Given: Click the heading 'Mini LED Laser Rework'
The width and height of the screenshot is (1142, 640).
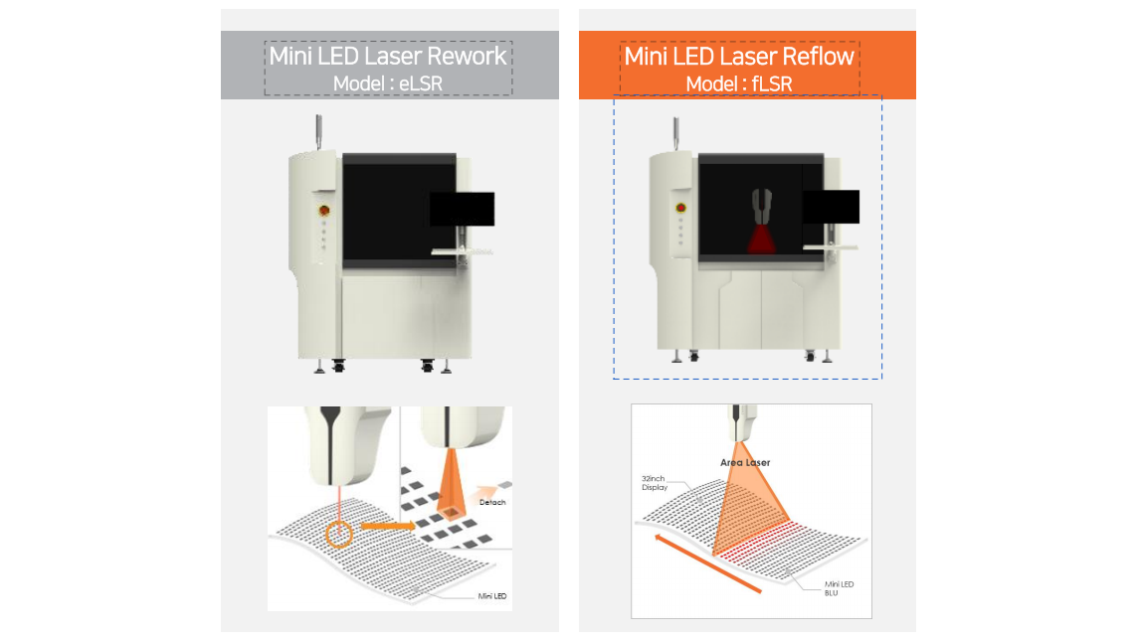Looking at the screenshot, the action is click(x=388, y=56).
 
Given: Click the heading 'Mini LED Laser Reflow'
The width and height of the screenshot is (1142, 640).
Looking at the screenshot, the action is click(x=738, y=56).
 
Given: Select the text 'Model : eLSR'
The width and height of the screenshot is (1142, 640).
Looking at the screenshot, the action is click(x=388, y=83).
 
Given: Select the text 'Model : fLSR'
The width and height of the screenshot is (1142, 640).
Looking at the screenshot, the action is click(x=738, y=83).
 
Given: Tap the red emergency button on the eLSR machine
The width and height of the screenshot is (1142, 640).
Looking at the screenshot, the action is click(x=324, y=210).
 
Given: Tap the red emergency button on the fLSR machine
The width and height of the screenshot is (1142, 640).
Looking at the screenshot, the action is click(x=681, y=208).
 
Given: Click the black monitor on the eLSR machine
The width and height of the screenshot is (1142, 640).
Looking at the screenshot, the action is click(x=462, y=209).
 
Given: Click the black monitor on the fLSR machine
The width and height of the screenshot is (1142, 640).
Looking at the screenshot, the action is click(x=831, y=207).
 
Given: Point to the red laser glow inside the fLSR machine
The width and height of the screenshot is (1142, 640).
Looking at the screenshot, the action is click(x=761, y=240).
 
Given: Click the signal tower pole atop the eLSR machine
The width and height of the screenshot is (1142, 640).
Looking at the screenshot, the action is click(x=318, y=131).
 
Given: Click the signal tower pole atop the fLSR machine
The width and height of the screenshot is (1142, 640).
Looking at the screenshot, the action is click(x=675, y=134).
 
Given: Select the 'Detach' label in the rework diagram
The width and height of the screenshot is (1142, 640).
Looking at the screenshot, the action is click(x=492, y=502).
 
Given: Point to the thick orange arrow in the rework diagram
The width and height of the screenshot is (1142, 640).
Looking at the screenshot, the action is click(x=388, y=526).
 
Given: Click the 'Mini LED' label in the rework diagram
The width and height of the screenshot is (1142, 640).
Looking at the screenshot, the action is click(x=491, y=595).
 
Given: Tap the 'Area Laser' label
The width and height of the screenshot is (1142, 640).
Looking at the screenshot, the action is click(x=745, y=462).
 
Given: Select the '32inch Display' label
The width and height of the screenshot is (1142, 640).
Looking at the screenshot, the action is click(x=654, y=483).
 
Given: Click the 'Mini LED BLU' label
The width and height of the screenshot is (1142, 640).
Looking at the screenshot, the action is click(x=839, y=588).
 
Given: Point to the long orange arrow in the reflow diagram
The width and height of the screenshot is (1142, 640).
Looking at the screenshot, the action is click(x=708, y=563).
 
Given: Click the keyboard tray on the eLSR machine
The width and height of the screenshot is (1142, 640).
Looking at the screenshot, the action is click(x=463, y=251).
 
